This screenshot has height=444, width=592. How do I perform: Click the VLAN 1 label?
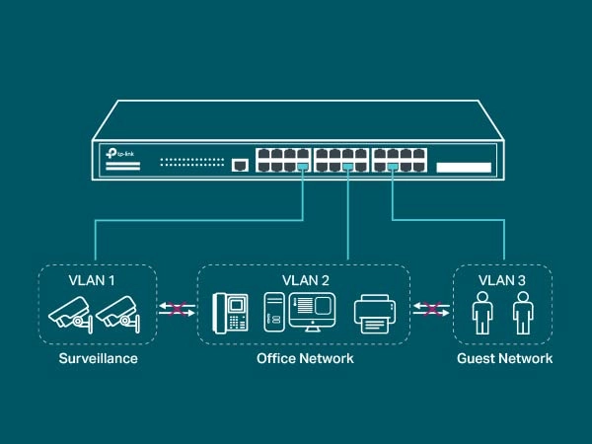[92, 280]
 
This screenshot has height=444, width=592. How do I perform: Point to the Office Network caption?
[304, 358]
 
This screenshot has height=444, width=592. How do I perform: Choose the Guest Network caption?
[504, 358]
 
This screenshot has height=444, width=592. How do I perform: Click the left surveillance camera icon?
[70, 313]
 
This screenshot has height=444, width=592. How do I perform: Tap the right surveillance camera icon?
[117, 313]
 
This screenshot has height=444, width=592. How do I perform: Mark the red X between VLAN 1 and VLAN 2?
[177, 311]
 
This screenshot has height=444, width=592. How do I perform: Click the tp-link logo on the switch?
[119, 154]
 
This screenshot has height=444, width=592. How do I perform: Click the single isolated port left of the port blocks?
[238, 165]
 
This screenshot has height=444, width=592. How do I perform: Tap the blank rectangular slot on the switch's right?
[462, 169]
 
